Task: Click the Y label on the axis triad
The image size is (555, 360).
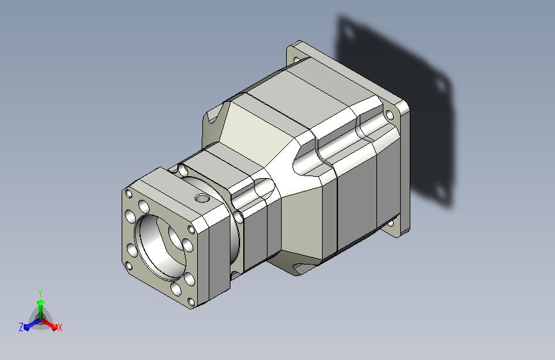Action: [x=40, y=293]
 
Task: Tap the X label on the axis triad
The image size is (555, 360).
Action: [x=60, y=327]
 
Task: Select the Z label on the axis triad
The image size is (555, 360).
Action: [x=21, y=327]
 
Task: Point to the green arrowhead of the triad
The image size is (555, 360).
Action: [x=40, y=302]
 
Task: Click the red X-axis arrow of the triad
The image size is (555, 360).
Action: [x=49, y=324]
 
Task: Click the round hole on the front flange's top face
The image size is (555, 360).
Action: [x=202, y=198]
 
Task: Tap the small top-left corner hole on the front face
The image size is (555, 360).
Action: [x=129, y=193]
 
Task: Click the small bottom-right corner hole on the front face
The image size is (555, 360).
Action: [x=191, y=302]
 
